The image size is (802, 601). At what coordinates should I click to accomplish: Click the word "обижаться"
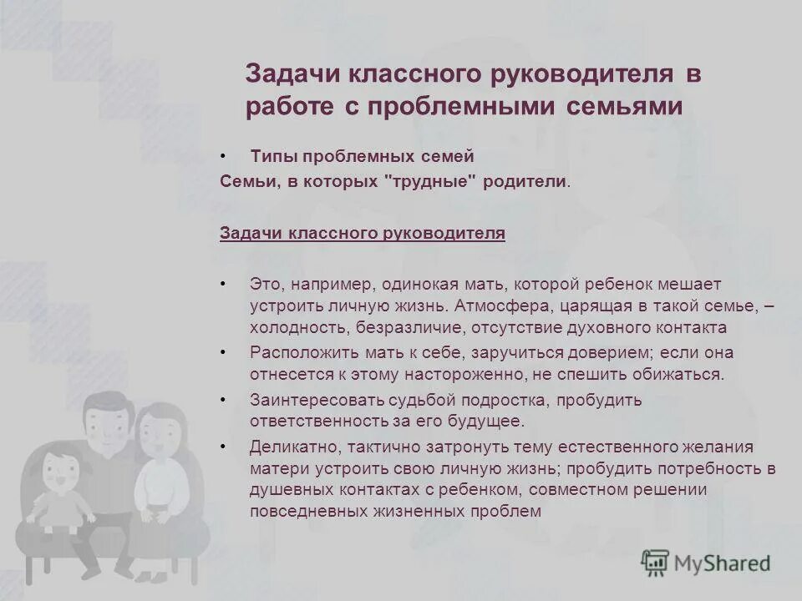(683, 374)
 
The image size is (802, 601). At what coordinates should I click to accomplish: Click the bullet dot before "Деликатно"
(223, 447)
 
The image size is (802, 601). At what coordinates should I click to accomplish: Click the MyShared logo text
(723, 563)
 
